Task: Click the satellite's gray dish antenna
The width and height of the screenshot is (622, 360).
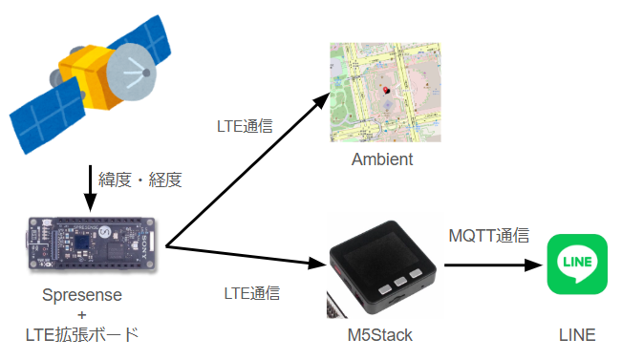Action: coord(131,72)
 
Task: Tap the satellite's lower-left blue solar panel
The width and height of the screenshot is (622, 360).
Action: coord(48,116)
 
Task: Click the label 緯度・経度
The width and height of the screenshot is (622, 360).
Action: coord(140,180)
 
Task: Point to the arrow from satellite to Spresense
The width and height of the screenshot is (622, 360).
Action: coord(91,188)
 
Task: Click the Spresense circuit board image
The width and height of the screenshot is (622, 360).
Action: coord(92,244)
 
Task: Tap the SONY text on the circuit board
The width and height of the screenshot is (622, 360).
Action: coord(143,247)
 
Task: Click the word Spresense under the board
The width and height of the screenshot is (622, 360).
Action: coord(82,295)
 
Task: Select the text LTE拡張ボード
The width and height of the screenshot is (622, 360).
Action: coord(82,334)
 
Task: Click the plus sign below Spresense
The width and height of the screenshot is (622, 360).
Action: coord(82,315)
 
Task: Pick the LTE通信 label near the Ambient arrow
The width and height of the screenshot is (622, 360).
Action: coord(245,126)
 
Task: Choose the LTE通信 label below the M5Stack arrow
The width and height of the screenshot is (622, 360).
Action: coord(252,293)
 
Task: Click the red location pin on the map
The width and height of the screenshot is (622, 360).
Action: coord(385,91)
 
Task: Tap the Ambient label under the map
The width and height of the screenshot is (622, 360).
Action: coord(382,159)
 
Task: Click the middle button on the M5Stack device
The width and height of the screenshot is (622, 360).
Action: coord(399,282)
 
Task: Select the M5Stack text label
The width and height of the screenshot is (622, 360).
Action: coord(380,335)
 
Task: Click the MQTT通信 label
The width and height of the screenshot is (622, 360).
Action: coord(489,236)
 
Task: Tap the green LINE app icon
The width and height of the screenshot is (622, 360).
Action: coord(577,265)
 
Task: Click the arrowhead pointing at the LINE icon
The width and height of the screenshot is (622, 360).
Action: coord(533,265)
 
